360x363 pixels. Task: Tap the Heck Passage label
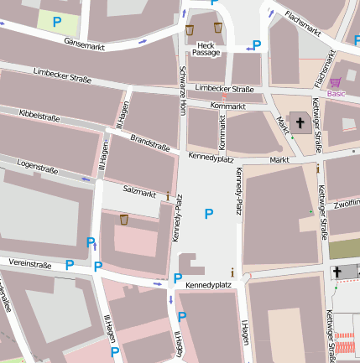coord(206,48)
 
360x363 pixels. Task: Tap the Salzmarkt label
coord(139,194)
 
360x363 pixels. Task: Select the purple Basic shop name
coord(336,94)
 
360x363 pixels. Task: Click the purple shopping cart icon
coord(336,82)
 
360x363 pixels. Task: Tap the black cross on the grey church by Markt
coord(299,122)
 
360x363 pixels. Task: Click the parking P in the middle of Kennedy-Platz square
coord(209,215)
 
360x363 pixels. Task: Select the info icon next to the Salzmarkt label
coord(168,196)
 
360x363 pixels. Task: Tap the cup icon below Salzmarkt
coord(124,220)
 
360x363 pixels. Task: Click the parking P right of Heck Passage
coord(257,45)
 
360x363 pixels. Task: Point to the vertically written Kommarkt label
coord(222,131)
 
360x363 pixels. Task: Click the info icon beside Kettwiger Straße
coord(318,169)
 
